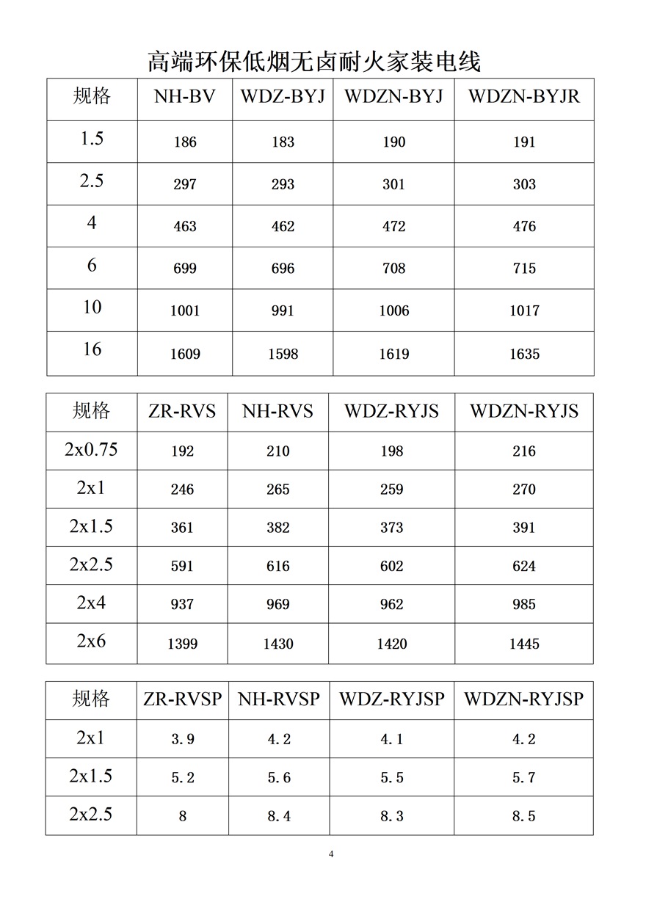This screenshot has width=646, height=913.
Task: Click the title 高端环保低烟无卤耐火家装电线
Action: point(314,62)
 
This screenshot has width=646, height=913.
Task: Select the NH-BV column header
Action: point(185,96)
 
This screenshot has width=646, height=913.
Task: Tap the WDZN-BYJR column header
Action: point(524,96)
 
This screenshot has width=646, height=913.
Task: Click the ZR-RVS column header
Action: point(182,411)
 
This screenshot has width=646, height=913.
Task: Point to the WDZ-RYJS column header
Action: point(391,411)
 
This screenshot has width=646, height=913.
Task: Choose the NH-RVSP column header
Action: point(279,699)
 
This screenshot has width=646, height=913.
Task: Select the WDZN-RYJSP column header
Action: point(523,699)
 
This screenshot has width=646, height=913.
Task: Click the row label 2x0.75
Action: point(91,449)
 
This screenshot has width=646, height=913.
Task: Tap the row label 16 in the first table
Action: point(92,349)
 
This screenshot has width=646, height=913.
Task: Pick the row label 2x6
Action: point(91,641)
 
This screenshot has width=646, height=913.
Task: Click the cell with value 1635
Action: point(524,354)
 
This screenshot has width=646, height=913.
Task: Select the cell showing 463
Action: point(185,227)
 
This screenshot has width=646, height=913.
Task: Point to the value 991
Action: point(283,311)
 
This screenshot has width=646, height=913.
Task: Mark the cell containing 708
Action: point(393,269)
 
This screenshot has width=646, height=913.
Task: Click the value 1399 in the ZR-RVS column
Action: point(182,644)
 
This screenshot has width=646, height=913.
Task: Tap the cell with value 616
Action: point(278,566)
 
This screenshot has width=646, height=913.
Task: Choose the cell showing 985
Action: point(524,605)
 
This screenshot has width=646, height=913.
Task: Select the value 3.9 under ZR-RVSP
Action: point(182,739)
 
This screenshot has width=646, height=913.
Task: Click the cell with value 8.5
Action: point(524,816)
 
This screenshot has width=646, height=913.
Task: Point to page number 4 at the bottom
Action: point(331,854)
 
